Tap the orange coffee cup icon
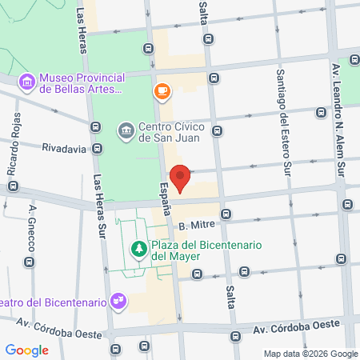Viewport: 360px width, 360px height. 162,92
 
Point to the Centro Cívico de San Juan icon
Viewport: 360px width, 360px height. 126,130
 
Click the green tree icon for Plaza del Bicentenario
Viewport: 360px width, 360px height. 139,248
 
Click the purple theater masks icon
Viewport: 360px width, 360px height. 118,301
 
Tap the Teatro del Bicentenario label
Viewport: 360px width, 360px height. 53,302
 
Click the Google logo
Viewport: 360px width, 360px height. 27,350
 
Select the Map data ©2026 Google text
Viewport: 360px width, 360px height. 311,354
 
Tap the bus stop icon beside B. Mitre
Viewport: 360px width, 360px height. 226,214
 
